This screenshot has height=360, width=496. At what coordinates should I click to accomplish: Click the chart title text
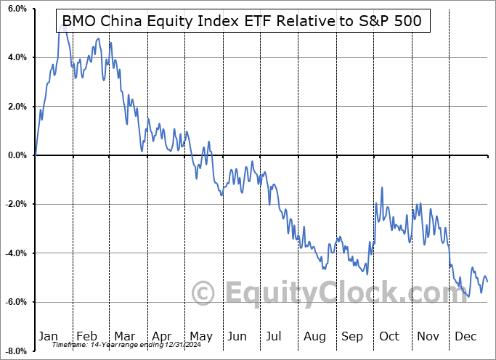point(243,21)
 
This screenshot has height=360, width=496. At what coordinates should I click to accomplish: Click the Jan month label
point(49,337)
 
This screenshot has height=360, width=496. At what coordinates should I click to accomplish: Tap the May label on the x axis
point(201,337)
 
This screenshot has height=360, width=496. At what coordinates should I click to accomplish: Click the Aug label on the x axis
point(315,337)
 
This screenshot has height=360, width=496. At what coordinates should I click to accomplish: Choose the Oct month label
point(390,337)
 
